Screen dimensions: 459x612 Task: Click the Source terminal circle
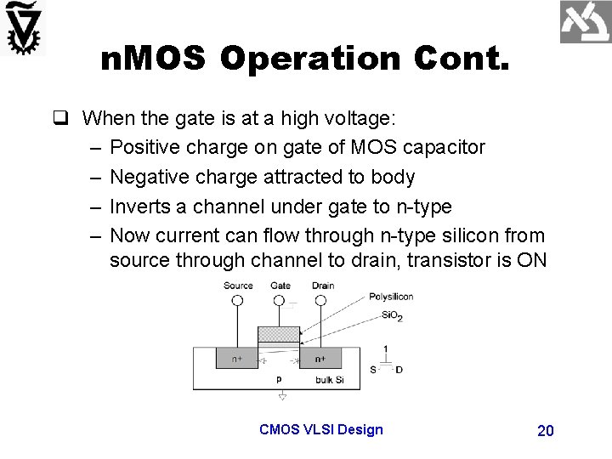[x=238, y=301]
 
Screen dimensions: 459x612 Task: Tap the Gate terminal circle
[x=280, y=301]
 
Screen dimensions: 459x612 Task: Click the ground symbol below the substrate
[x=281, y=395]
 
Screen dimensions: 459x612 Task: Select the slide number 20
[x=546, y=431]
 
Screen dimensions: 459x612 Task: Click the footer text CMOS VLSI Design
[x=320, y=429]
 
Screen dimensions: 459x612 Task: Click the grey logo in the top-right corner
[x=585, y=23]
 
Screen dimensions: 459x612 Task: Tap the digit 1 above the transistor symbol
[x=386, y=348]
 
